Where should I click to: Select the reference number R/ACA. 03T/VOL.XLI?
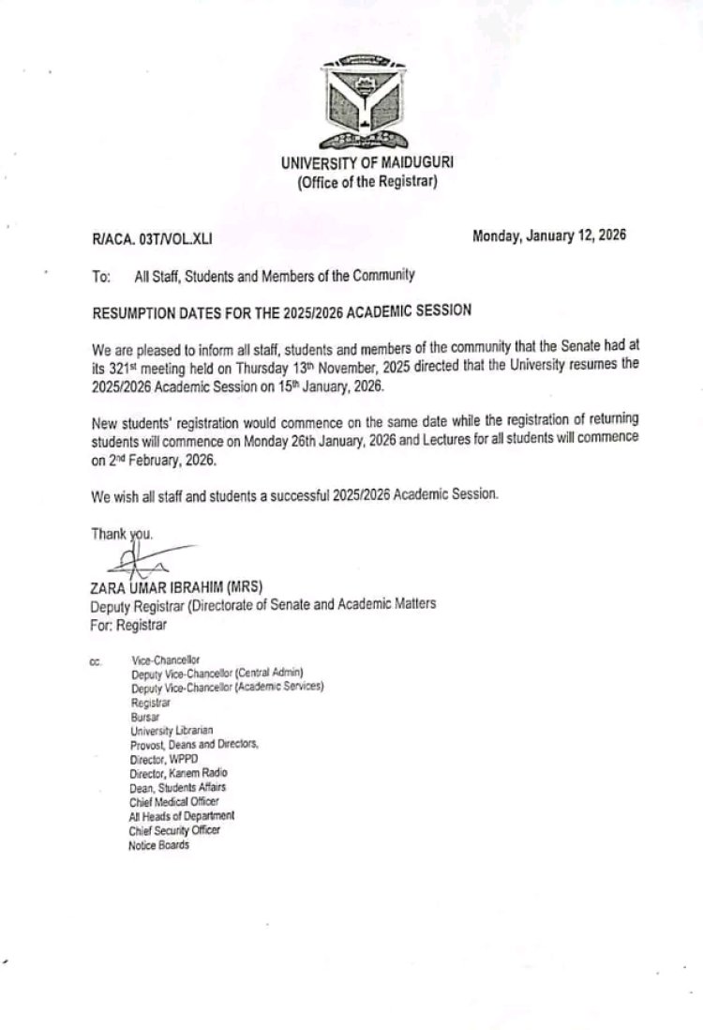152,239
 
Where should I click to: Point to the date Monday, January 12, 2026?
549,236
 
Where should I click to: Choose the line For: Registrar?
128,622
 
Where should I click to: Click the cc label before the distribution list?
95,661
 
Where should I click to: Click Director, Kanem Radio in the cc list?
179,773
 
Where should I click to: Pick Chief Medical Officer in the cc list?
174,802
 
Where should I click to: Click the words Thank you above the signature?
121,534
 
